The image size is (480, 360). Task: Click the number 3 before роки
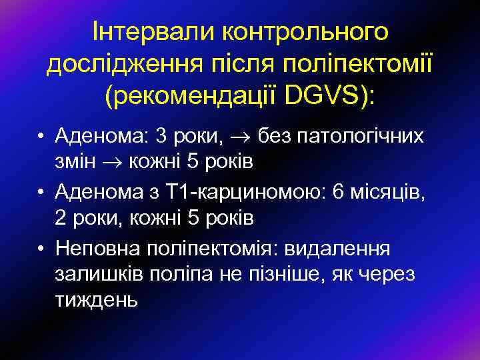point(161,137)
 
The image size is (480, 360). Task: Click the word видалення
point(339,248)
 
